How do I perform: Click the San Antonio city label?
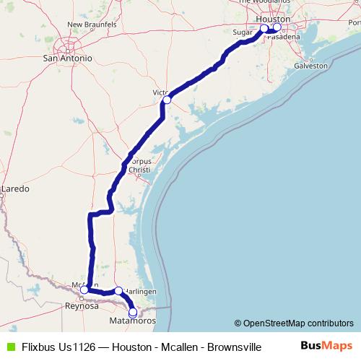pos(67,58)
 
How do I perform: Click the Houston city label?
pos(273,19)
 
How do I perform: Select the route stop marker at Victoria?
pos(167,100)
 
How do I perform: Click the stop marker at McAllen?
pos(84,290)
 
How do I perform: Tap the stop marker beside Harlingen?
pos(118,290)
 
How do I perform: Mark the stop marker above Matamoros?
pos(132,312)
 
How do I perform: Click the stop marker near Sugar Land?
pos(264,28)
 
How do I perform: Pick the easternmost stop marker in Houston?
pos(277,27)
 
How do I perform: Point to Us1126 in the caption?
pos(74,347)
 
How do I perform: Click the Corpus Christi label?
pos(139,164)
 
